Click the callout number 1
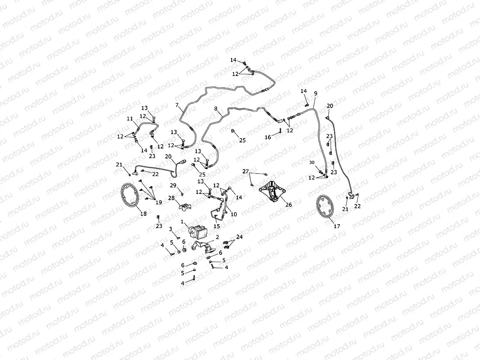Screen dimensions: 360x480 tap(182, 222)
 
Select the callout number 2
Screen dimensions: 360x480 tap(217, 237)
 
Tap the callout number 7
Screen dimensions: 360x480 tap(177, 105)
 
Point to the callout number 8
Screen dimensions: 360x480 tap(216, 108)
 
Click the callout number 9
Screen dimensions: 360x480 tap(316, 94)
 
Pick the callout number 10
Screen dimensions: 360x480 tap(233, 215)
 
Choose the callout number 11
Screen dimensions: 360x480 tap(129, 119)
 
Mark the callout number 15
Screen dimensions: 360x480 tap(216, 226)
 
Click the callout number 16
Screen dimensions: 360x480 tap(268, 137)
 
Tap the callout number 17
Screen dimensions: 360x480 tap(337, 226)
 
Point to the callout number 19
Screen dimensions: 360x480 tap(158, 202)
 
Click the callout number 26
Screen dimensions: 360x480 tap(289, 204)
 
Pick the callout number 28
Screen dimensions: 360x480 tap(172, 198)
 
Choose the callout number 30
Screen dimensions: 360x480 tap(311, 163)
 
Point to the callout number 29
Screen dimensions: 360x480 tap(173, 186)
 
